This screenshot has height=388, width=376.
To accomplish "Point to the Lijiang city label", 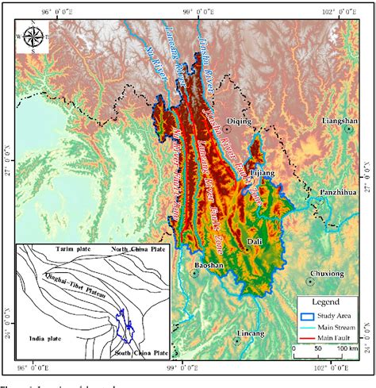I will tap(263, 172).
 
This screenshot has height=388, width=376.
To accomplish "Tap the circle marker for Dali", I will tap(247, 248).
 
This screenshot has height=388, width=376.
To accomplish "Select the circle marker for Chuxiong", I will tap(310, 282).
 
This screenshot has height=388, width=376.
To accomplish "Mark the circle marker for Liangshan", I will tap(348, 129).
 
